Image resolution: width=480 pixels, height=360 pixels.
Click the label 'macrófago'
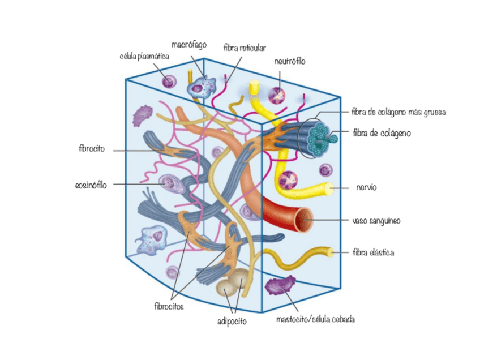pyautogui.click(x=189, y=44)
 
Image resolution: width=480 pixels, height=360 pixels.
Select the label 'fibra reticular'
pyautogui.click(x=245, y=48)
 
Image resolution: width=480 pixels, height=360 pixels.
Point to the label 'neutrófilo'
pyautogui.click(x=289, y=61)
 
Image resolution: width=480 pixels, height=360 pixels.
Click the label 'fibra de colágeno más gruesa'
pyautogui.click(x=399, y=112)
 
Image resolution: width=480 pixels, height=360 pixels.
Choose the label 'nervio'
pyautogui.click(x=366, y=187)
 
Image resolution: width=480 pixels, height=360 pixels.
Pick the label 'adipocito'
pyautogui.click(x=232, y=322)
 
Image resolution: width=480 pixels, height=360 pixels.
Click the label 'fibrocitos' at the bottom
pyautogui.click(x=169, y=306)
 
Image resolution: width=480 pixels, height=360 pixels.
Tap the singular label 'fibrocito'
pyautogui.click(x=92, y=150)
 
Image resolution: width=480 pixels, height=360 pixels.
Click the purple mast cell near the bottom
pyautogui.click(x=281, y=285)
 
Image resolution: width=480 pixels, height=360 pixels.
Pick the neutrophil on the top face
pyautogui.click(x=277, y=95)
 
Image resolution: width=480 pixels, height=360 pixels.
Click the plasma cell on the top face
pyautogui.click(x=169, y=82)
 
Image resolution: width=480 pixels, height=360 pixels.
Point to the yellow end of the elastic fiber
pyautogui.click(x=331, y=251)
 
